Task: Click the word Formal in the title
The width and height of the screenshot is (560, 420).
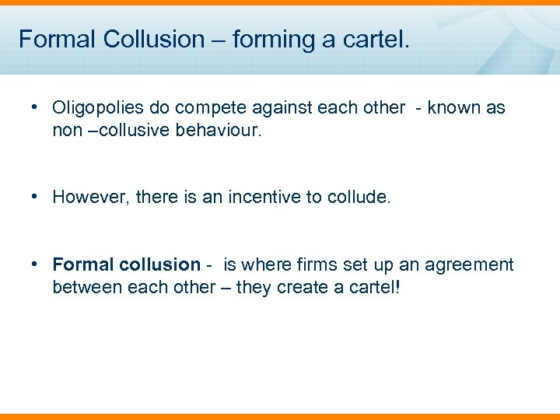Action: tap(51, 39)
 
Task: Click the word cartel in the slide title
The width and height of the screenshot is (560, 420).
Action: tap(372, 39)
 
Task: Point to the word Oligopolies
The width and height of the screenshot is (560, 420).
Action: tap(96, 108)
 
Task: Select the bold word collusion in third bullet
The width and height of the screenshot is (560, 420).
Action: tap(159, 265)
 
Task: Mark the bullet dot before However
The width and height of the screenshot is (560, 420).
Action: tap(36, 196)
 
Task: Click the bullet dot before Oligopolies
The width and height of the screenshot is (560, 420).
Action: tap(36, 107)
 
